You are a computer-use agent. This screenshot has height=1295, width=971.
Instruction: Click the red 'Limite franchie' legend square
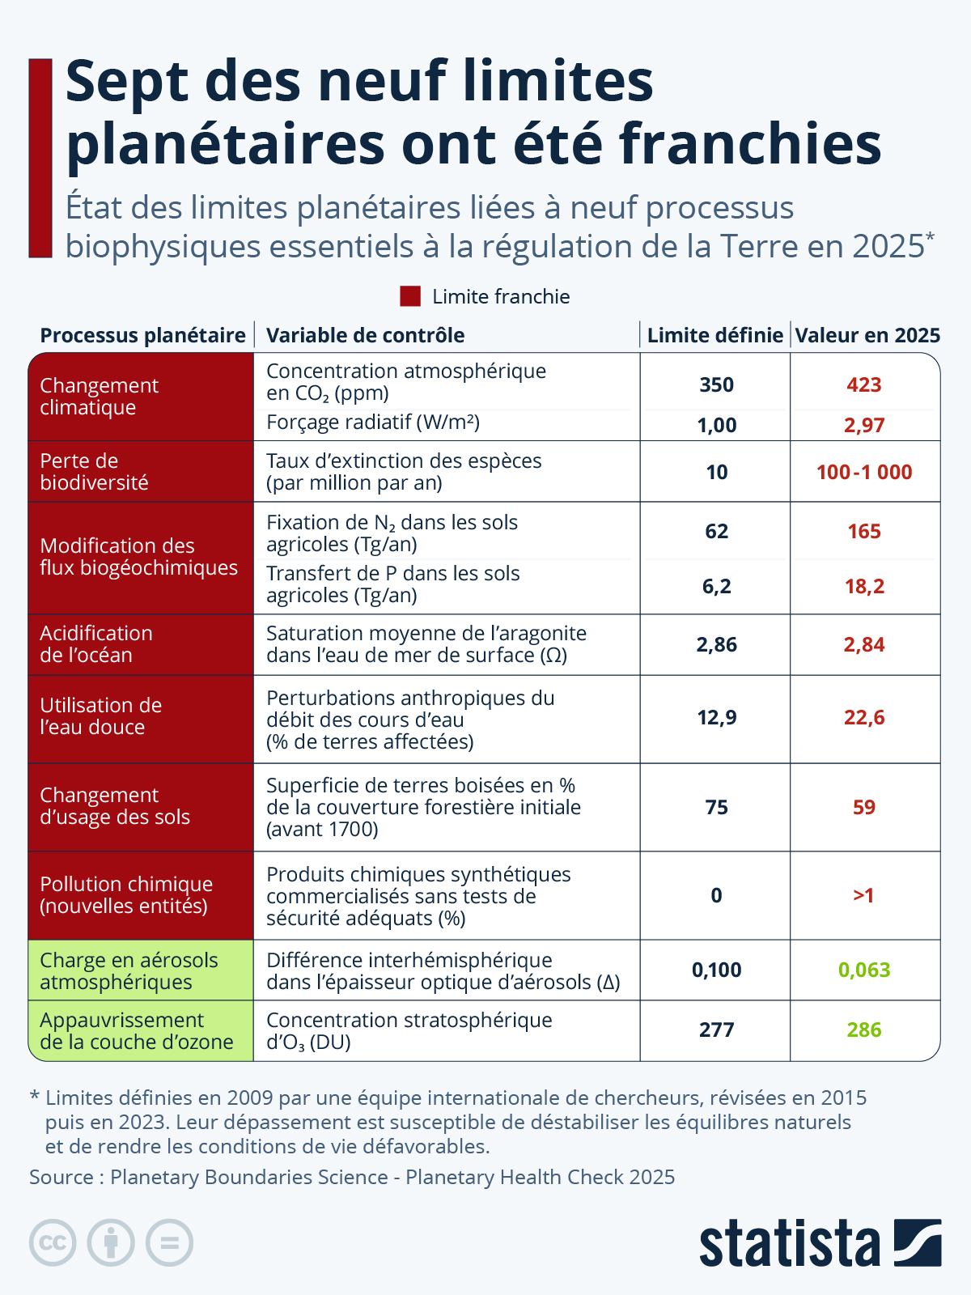[x=410, y=296]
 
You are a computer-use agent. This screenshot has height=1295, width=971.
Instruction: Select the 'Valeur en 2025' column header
[x=867, y=335]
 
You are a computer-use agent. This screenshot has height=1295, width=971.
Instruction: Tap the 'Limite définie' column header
[x=715, y=335]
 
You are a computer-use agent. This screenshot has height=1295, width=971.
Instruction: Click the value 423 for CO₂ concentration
[x=864, y=384]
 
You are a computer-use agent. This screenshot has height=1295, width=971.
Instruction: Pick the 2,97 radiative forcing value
[x=864, y=425]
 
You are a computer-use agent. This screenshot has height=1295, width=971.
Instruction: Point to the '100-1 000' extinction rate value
[x=864, y=472]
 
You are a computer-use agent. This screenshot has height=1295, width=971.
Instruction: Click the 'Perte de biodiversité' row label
[x=94, y=472]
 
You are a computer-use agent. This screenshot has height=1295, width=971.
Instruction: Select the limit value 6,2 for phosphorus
[x=716, y=586]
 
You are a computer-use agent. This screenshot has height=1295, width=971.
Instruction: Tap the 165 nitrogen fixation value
[x=864, y=532]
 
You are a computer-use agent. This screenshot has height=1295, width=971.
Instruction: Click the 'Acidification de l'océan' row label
[x=96, y=644]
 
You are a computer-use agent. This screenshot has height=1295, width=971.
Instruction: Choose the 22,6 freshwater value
[x=864, y=717]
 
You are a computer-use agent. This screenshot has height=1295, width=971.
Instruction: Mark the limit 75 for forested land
[x=716, y=807]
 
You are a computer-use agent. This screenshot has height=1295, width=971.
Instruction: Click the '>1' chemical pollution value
[x=863, y=895]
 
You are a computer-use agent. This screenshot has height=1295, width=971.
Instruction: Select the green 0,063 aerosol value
[x=864, y=970]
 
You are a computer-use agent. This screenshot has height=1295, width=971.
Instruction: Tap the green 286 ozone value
[x=864, y=1030]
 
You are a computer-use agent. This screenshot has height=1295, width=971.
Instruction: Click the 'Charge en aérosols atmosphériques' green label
[x=129, y=970]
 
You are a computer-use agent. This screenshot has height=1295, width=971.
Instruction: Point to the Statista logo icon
[x=918, y=1242]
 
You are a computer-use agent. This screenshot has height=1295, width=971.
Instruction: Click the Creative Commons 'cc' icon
[x=53, y=1242]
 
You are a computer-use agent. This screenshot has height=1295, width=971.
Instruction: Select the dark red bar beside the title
[x=40, y=158]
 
